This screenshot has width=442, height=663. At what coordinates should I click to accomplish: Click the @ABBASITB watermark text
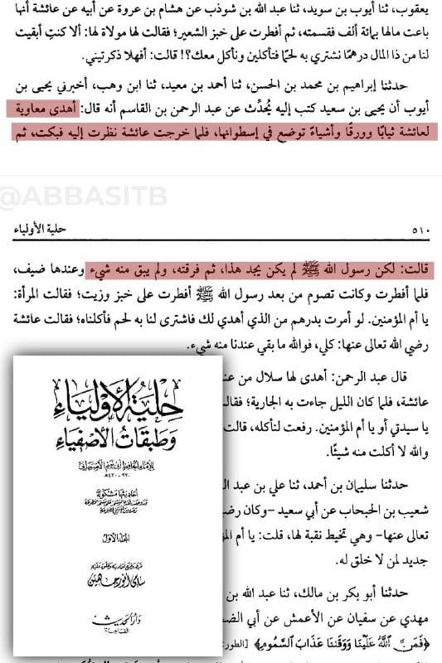point(61,199)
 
